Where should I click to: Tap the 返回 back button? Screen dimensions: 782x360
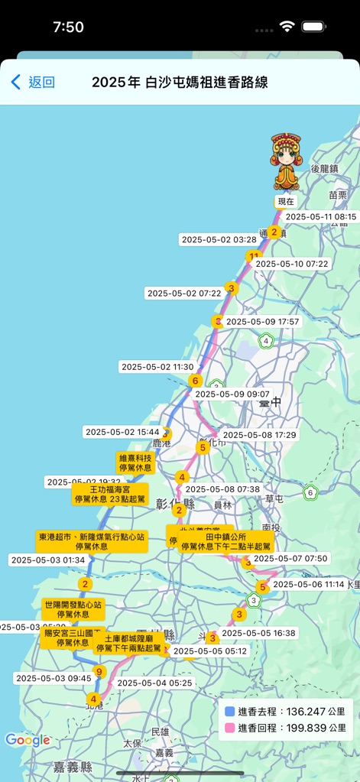33,83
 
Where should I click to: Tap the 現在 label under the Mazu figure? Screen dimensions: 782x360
286,202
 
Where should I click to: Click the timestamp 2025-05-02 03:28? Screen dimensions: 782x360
219,239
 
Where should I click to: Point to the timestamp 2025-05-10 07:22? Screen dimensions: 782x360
291,264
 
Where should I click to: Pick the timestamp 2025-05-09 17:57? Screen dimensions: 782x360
262,322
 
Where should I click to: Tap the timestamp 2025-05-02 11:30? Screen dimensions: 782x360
157,367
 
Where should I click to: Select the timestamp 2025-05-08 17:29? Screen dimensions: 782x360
259,434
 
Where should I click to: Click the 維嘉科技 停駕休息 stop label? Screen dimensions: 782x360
135,462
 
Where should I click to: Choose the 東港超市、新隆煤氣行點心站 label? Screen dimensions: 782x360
92,541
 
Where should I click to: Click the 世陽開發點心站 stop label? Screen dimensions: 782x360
73,609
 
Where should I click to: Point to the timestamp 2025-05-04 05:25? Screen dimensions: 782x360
154,683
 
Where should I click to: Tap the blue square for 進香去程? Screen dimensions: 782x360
229,712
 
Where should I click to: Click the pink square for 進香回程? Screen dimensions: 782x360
229,728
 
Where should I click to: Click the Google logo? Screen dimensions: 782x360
28,740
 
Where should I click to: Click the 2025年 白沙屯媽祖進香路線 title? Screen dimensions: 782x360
180,83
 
